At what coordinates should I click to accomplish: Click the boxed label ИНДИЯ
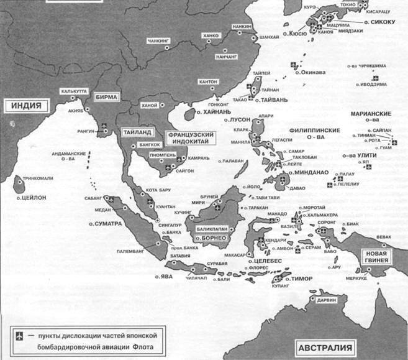(x=25, y=106)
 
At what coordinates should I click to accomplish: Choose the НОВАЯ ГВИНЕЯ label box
(x=378, y=257)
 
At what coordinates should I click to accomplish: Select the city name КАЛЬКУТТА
(x=74, y=91)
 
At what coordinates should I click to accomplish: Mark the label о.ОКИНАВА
(x=311, y=72)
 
